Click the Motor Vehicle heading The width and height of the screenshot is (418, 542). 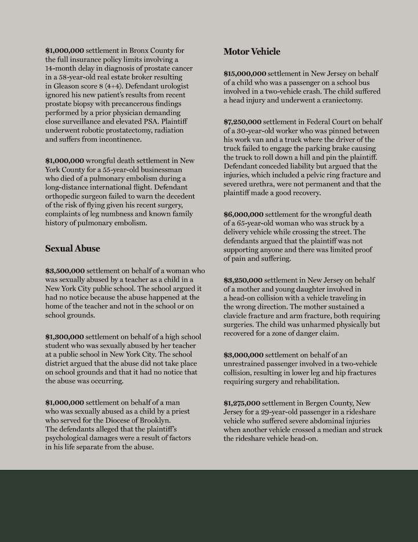(x=252, y=52)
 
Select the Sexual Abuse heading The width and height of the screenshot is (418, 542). (x=72, y=248)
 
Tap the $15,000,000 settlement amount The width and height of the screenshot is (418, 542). (x=245, y=74)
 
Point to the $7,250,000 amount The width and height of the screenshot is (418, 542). (x=242, y=122)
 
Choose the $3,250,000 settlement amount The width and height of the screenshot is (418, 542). (x=243, y=280)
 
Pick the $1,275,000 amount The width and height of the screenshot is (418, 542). (x=242, y=403)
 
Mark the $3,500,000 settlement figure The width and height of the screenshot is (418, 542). (x=65, y=270)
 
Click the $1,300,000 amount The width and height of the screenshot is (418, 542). (x=64, y=337)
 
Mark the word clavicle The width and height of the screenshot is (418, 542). (x=239, y=316)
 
